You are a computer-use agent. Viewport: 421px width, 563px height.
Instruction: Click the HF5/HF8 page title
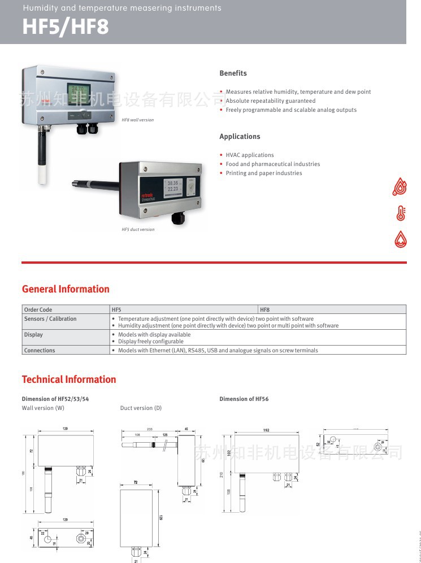click(x=66, y=27)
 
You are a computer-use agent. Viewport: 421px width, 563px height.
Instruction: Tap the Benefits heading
click(x=233, y=73)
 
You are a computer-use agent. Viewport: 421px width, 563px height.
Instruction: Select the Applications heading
click(x=240, y=137)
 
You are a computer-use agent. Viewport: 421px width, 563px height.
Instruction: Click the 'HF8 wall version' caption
click(x=137, y=120)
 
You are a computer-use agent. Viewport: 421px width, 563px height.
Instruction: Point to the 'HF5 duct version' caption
click(x=138, y=229)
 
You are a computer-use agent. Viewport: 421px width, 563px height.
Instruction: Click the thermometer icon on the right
click(x=401, y=213)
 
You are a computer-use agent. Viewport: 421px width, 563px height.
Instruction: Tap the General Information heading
click(x=66, y=289)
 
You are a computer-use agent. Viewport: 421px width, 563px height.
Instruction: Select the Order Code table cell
click(x=38, y=309)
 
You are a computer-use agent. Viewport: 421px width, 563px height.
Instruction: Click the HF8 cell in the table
click(x=264, y=309)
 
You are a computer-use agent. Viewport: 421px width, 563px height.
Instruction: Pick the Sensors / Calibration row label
click(x=50, y=319)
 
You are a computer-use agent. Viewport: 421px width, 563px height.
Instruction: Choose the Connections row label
click(x=40, y=351)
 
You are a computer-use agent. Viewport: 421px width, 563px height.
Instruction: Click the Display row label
click(x=33, y=335)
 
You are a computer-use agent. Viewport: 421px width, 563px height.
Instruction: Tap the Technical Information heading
click(x=69, y=379)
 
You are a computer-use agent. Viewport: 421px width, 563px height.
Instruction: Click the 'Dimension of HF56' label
click(x=244, y=399)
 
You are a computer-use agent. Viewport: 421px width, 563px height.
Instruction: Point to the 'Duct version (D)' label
click(x=141, y=408)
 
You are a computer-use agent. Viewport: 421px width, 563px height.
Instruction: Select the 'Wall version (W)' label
click(x=43, y=408)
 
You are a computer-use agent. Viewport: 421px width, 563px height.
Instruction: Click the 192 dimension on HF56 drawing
click(x=266, y=430)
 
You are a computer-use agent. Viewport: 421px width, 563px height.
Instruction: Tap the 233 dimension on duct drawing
click(x=149, y=430)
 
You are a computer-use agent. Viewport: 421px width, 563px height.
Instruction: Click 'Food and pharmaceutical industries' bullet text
click(x=272, y=164)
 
